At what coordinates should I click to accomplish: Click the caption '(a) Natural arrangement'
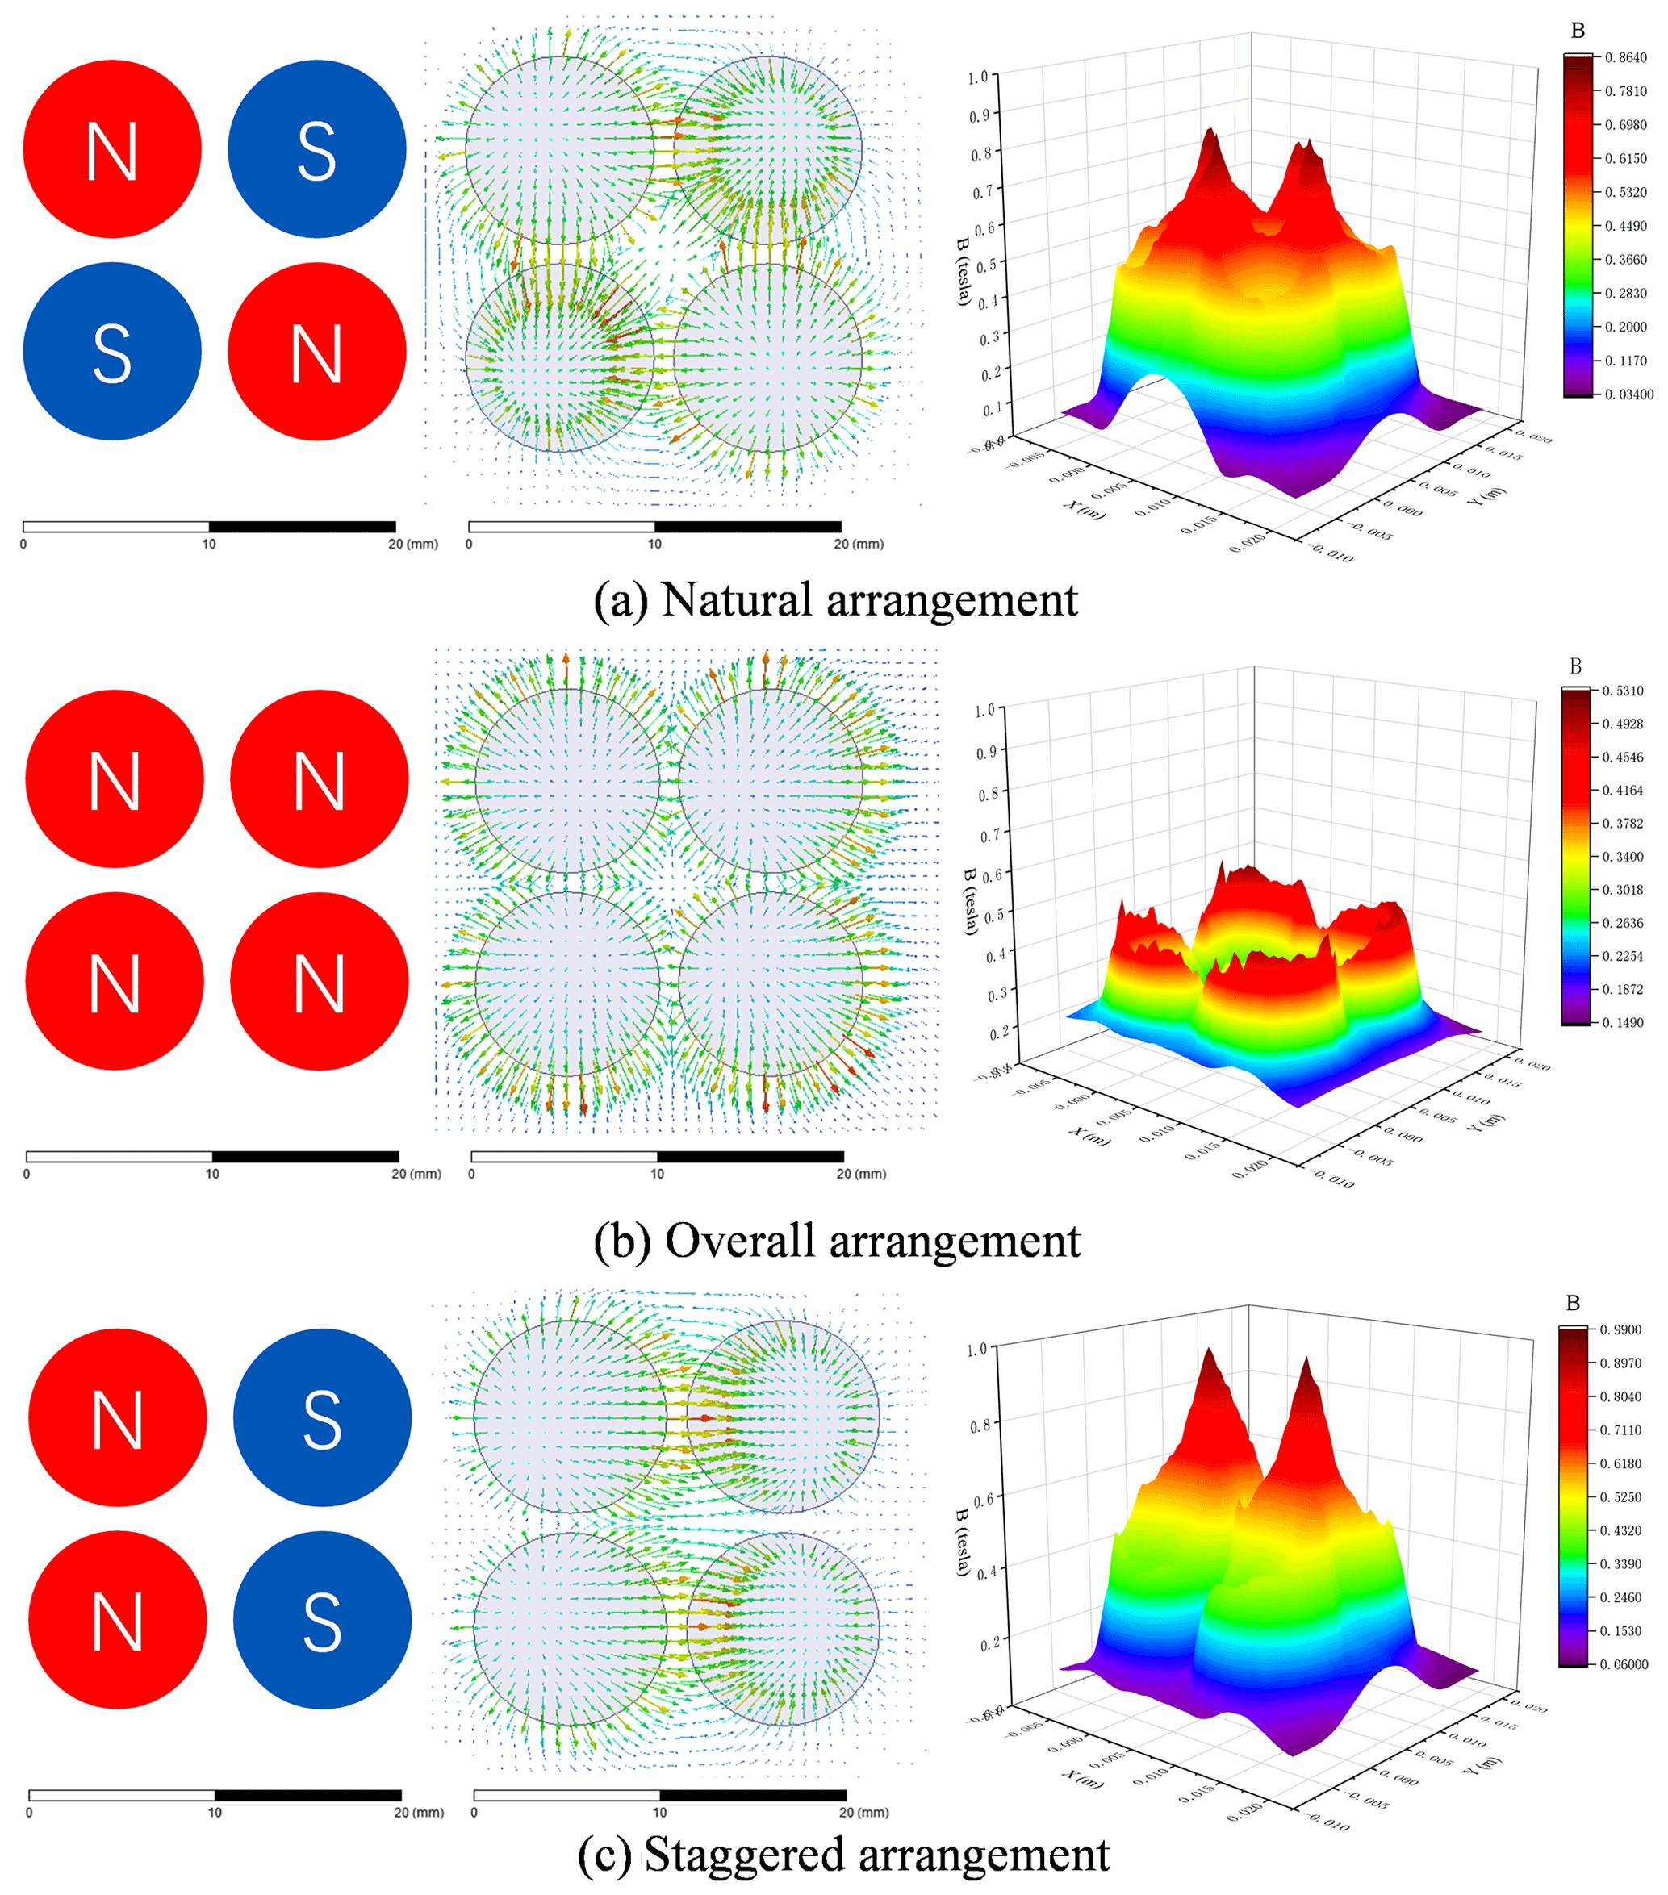pyautogui.click(x=835, y=600)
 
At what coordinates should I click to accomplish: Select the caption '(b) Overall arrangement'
pyautogui.click(x=836, y=1241)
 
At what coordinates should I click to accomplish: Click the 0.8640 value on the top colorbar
pyautogui.click(x=1626, y=57)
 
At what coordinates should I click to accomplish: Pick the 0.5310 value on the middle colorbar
pyautogui.click(x=1623, y=691)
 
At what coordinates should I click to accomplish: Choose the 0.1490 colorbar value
pyautogui.click(x=1623, y=1023)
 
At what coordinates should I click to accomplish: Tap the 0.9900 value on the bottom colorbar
pyautogui.click(x=1620, y=1329)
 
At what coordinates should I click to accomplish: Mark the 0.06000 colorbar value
pyautogui.click(x=1624, y=1664)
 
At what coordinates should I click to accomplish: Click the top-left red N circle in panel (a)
pyautogui.click(x=112, y=149)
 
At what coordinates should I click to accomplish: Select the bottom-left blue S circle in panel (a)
pyautogui.click(x=112, y=352)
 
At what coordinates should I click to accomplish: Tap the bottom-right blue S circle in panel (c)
pyautogui.click(x=322, y=1620)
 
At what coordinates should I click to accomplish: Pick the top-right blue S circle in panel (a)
pyautogui.click(x=317, y=149)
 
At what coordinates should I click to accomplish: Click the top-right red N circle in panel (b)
pyautogui.click(x=319, y=778)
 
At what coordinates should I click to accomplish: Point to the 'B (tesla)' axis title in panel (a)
pyautogui.click(x=964, y=271)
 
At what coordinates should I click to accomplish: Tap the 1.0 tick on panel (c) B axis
pyautogui.click(x=977, y=1349)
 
